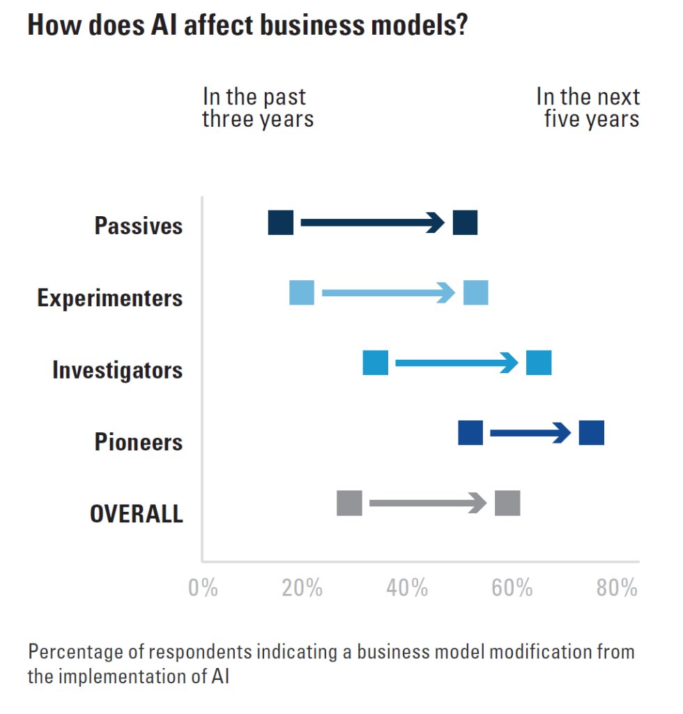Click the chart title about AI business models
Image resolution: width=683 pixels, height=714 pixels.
[x=247, y=26]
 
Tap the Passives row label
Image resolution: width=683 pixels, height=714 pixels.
[x=139, y=226]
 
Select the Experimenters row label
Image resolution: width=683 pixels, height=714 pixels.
[x=110, y=298]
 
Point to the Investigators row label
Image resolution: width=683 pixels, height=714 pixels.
[x=118, y=370]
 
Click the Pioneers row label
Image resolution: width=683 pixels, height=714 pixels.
[x=139, y=442]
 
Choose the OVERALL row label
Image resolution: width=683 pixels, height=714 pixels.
[x=137, y=515]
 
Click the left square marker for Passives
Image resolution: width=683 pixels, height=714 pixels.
[x=281, y=222]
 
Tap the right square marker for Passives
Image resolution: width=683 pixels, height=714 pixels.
[x=465, y=222]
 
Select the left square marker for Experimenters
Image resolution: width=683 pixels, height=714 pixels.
[x=302, y=294]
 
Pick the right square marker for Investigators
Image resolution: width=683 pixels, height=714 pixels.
[x=539, y=363]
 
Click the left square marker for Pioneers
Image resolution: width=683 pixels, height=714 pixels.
[x=470, y=433]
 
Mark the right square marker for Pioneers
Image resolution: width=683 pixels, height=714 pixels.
[x=592, y=433]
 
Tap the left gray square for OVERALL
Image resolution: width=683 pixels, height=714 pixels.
[x=349, y=503]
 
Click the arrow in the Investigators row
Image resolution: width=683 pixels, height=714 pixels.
[x=456, y=363]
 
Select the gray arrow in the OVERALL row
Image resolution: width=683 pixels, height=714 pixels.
[x=428, y=503]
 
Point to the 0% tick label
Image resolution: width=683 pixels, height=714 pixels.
[x=203, y=588]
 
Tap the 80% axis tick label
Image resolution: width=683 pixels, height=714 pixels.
[x=617, y=588]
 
